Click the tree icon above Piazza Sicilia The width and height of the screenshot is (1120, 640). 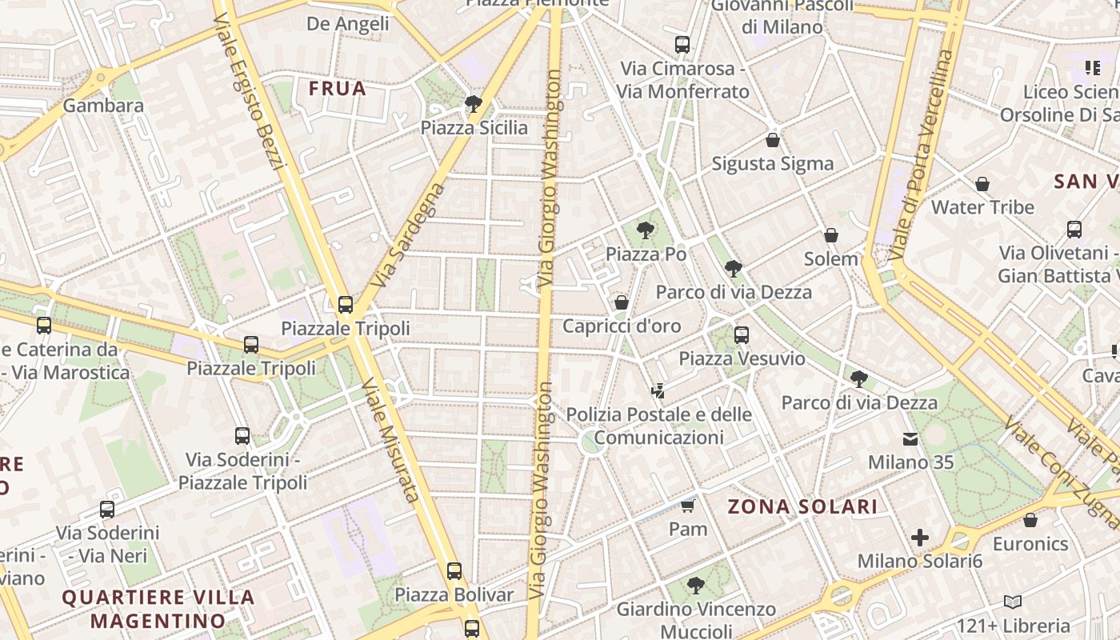pyautogui.click(x=473, y=103)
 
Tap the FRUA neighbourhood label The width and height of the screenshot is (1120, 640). pyautogui.click(x=337, y=88)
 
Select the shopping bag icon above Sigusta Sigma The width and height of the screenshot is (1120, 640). pyautogui.click(x=772, y=140)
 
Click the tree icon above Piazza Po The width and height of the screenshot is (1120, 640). pyautogui.click(x=645, y=231)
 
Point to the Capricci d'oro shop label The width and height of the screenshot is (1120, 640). pyautogui.click(x=622, y=326)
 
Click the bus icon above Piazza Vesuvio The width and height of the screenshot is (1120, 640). pyautogui.click(x=742, y=335)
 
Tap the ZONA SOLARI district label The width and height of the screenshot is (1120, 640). pyautogui.click(x=802, y=506)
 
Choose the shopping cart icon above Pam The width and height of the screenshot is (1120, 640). pyautogui.click(x=687, y=506)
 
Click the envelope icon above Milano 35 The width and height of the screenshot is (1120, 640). pyautogui.click(x=910, y=438)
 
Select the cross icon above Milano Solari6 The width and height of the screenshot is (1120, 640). pyautogui.click(x=920, y=538)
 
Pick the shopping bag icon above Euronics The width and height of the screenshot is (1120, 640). pyautogui.click(x=1030, y=520)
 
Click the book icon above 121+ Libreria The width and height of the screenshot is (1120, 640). pyautogui.click(x=1012, y=602)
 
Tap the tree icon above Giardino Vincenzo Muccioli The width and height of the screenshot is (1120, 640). pyautogui.click(x=695, y=585)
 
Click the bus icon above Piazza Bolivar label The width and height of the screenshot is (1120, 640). pyautogui.click(x=454, y=571)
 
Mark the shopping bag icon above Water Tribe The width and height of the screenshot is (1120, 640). pyautogui.click(x=982, y=184)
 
